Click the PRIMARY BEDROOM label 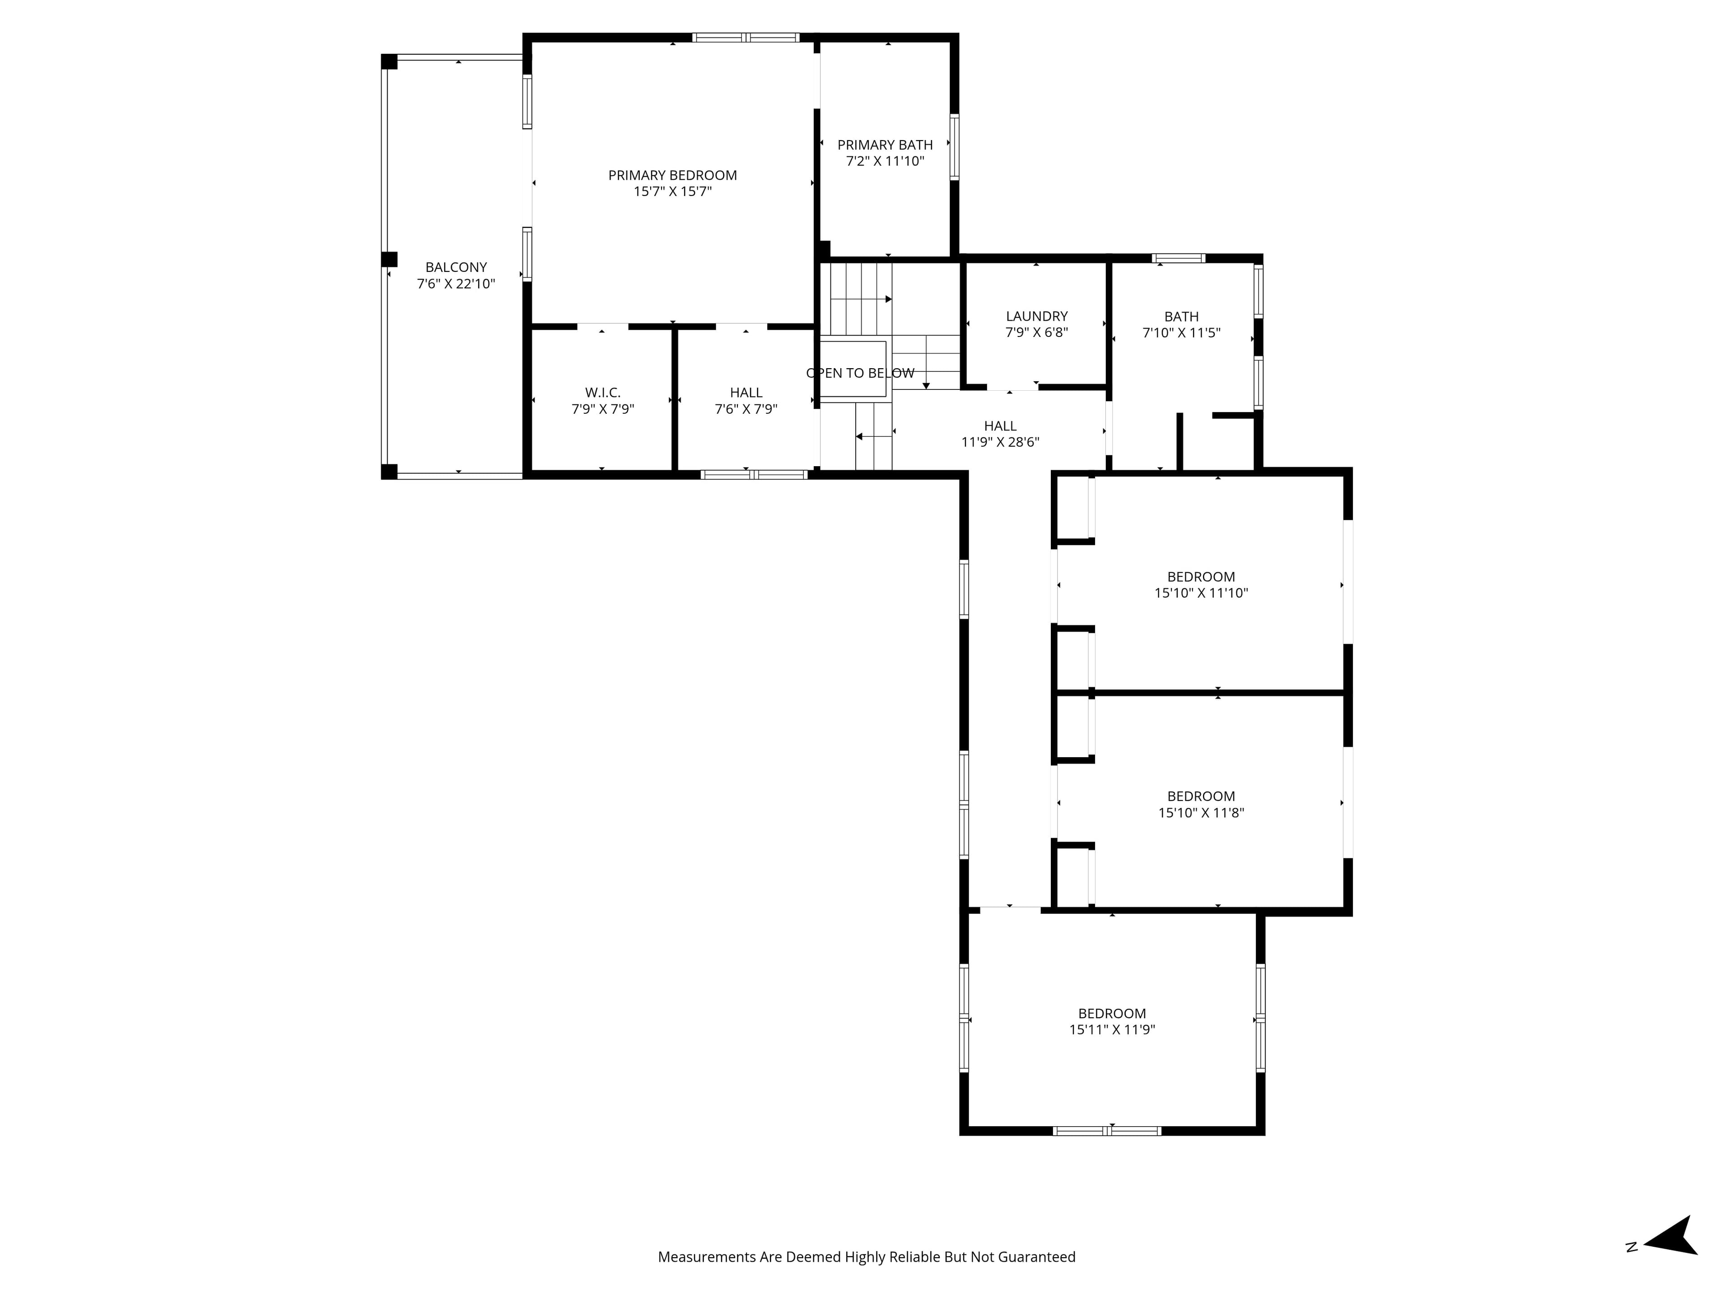click(672, 175)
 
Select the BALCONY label click(456, 267)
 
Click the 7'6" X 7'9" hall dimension click(746, 408)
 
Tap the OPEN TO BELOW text click(860, 373)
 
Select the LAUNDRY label click(1036, 316)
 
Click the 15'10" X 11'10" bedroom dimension click(1201, 593)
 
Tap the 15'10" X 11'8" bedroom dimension click(1201, 812)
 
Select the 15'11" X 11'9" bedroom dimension click(1112, 1030)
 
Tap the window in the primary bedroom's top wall click(746, 37)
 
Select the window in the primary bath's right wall click(954, 147)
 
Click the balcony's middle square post click(389, 260)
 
